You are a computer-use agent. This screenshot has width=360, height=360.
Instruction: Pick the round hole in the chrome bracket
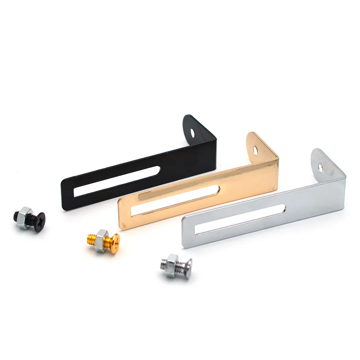tap(320, 167)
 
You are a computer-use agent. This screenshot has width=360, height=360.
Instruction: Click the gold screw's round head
tap(114, 242)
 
